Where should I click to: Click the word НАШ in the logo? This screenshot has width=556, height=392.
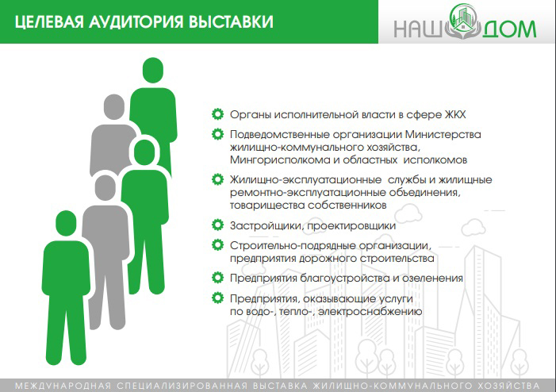416,29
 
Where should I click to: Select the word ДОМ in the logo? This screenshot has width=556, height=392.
508,29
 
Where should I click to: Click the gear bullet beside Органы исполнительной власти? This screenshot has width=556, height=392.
217,114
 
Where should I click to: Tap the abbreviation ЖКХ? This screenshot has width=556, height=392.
455,114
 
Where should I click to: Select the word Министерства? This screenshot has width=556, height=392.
443,134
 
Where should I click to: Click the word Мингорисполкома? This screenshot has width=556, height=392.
280,160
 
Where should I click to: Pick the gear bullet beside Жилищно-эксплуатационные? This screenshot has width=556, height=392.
217,179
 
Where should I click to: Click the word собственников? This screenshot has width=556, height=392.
347,206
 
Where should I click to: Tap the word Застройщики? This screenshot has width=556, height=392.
267,226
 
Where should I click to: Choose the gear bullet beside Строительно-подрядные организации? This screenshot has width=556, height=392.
217,244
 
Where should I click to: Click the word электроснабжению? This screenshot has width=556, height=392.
370,312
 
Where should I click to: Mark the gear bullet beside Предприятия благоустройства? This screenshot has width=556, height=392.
217,278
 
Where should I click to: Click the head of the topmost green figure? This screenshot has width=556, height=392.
153,71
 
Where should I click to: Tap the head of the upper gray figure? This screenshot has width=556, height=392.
114,107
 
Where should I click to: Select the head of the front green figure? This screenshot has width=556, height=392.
66,223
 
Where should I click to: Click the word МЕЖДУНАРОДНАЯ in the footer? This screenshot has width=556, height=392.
63,386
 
